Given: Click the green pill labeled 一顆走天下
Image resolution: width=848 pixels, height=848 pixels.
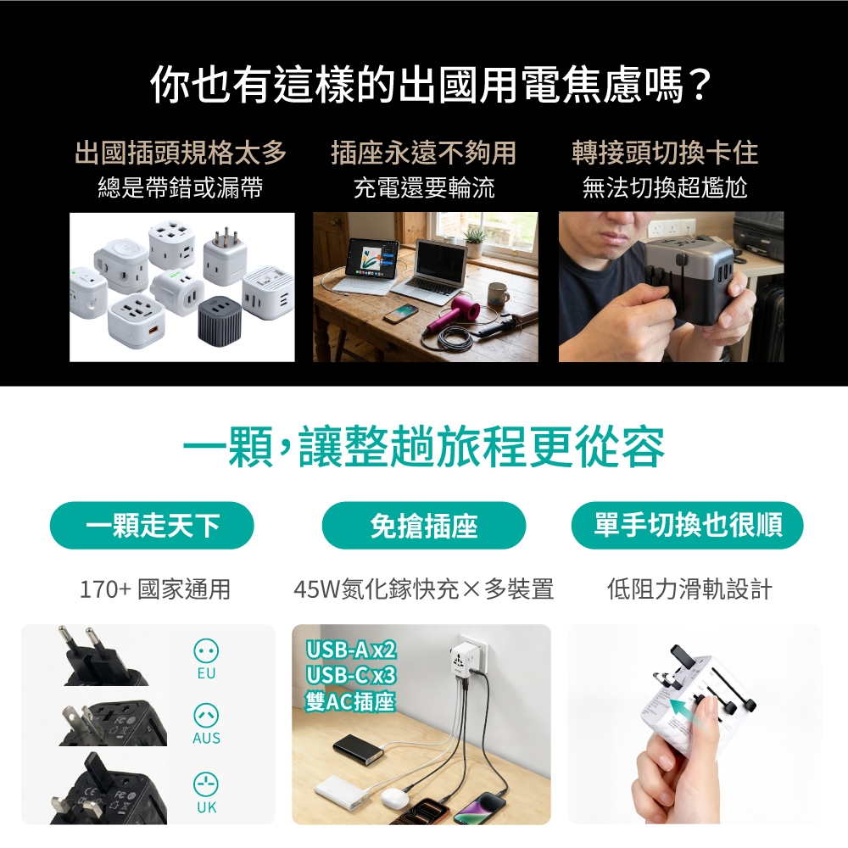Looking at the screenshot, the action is (152, 525).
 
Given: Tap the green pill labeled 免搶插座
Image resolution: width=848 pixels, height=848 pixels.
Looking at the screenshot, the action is (423, 525).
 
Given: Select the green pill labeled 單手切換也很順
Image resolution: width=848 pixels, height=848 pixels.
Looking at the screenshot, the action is (688, 525).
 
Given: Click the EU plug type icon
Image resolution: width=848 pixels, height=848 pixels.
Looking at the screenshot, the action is (206, 650).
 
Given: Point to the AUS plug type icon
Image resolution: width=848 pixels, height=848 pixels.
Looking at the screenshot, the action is (206, 716).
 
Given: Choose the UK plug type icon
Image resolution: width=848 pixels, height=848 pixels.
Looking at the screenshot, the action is (206, 784).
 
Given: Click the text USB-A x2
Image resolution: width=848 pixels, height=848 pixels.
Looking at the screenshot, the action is (350, 650).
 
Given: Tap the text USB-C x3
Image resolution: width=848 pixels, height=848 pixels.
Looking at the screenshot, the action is (350, 675).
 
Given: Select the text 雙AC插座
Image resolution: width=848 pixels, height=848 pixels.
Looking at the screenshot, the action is (350, 701).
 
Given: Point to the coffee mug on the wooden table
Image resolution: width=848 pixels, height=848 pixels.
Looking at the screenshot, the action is (498, 295).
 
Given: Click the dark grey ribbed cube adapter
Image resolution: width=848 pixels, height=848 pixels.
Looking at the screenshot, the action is (221, 321).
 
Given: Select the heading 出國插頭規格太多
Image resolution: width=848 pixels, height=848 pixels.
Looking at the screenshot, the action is (181, 152).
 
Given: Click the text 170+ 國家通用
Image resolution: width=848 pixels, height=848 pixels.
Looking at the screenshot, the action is (154, 589).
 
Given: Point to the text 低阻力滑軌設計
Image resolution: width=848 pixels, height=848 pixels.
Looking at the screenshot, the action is (689, 589).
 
